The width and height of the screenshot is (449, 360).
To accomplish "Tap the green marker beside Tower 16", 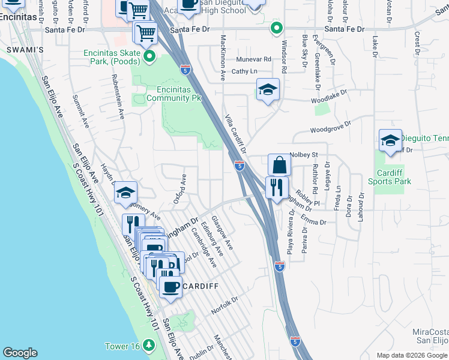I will (148, 346).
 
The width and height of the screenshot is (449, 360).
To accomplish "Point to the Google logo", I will (20, 353).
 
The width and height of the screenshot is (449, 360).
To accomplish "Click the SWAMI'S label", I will (25, 50).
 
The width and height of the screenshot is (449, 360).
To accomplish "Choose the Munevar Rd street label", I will (253, 59).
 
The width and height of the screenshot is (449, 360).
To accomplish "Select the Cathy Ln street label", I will (244, 71).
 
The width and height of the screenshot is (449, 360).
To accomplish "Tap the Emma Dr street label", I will (313, 219).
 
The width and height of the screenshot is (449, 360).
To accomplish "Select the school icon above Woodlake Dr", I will (268, 89).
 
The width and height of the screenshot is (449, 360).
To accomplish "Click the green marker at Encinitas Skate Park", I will (149, 57).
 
